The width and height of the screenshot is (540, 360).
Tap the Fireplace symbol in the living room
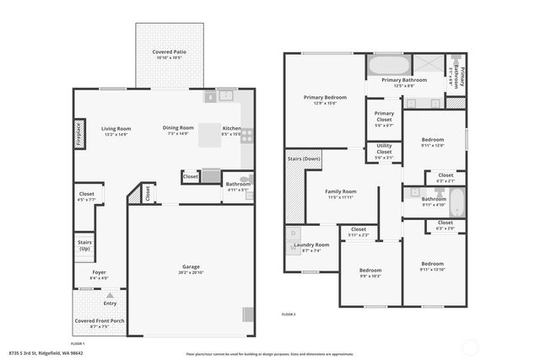click(78, 135)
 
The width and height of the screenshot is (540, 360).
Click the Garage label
click(191, 266)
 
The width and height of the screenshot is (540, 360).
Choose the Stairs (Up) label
click(84, 244)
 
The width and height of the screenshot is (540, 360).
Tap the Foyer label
click(100, 272)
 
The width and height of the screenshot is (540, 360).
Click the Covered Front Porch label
click(99, 320)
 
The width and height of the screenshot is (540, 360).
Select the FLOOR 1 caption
click(78, 344)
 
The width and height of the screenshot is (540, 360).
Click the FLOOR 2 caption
click(289, 314)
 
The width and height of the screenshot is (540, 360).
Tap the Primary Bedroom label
click(325, 97)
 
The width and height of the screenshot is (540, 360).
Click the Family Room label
click(342, 191)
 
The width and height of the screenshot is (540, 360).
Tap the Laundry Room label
click(311, 244)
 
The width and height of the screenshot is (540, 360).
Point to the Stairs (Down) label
click(305, 159)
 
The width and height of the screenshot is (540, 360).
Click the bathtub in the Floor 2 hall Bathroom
click(456, 202)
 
